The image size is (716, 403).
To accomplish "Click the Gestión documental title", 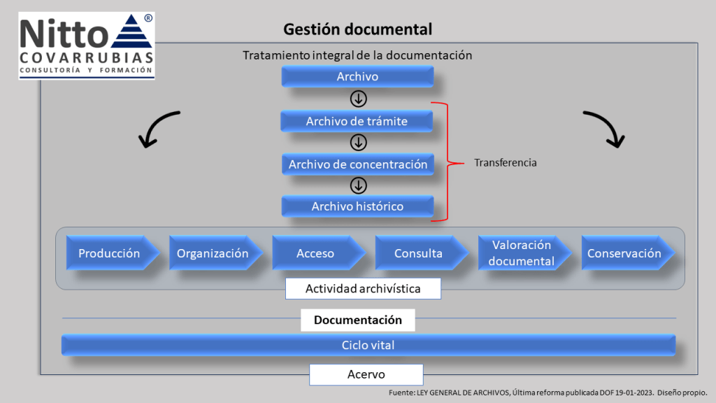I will click(x=357, y=29).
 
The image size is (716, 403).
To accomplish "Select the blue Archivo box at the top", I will click(x=357, y=76).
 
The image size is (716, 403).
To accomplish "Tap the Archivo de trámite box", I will click(x=357, y=121).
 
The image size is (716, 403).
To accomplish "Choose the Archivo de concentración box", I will click(x=357, y=164).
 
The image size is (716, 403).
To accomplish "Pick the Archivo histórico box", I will click(x=357, y=206).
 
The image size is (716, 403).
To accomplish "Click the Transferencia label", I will click(x=506, y=162).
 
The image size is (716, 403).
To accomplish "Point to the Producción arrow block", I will click(x=109, y=253).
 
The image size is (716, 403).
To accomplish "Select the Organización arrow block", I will click(x=213, y=253).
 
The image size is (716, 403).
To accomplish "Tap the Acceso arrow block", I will click(x=316, y=253).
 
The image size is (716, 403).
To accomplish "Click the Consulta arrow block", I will click(x=419, y=253).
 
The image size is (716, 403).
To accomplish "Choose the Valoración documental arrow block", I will click(x=522, y=253).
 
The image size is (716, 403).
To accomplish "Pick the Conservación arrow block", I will click(x=624, y=253).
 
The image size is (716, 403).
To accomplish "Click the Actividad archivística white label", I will click(x=363, y=288).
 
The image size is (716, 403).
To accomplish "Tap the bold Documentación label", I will click(x=358, y=320).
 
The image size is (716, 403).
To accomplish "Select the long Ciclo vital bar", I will click(x=368, y=345).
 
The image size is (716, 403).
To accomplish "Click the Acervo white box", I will click(x=366, y=374).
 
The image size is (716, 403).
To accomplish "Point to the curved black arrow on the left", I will click(x=158, y=129).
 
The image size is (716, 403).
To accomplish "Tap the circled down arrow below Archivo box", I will click(x=358, y=99).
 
